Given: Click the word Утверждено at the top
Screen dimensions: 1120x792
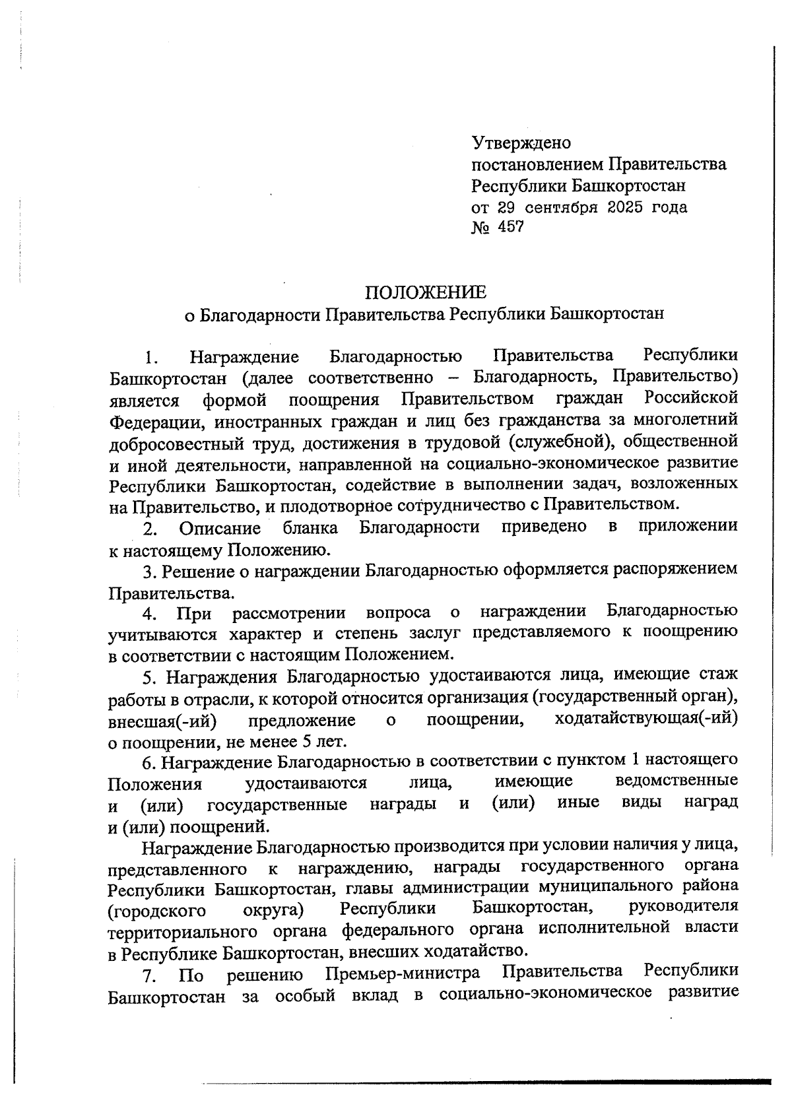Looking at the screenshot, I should coord(521,143).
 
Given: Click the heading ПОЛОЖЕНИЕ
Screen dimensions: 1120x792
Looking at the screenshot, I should coord(426,292).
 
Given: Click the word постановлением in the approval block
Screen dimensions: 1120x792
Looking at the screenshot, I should coord(537,164).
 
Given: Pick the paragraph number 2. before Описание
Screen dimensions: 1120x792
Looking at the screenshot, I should coord(150,528).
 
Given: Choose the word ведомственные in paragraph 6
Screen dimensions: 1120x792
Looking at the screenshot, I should coord(676,781).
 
